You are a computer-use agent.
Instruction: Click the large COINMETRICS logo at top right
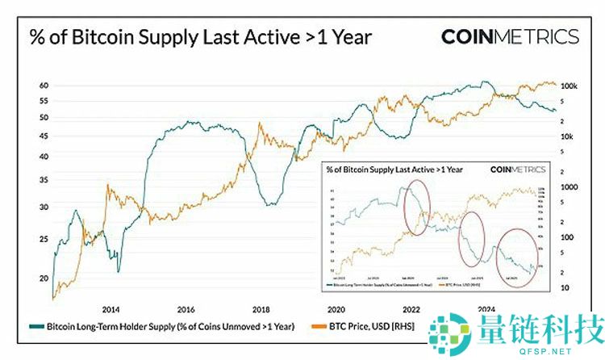point(510,36)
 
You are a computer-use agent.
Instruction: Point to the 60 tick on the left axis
point(45,86)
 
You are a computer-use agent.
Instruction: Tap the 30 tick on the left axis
point(45,207)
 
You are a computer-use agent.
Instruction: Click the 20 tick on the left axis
point(45,278)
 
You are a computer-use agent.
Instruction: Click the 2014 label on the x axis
point(111,309)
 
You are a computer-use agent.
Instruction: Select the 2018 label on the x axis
point(261,309)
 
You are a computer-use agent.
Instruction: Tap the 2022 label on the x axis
point(411,309)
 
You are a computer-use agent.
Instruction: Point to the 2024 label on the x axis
point(486,309)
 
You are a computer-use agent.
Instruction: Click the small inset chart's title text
point(394,170)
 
